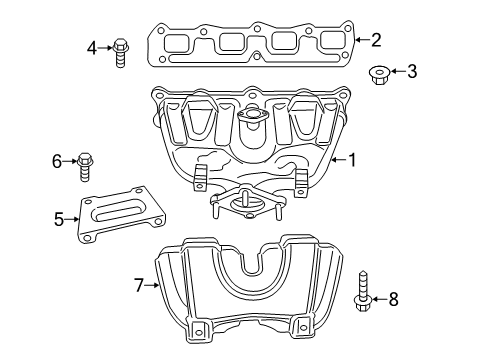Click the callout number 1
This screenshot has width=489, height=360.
[352, 158]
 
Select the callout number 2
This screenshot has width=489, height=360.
[375, 40]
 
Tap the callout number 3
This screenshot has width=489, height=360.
[412, 71]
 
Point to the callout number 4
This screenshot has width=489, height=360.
[92, 46]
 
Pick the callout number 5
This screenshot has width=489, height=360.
[60, 216]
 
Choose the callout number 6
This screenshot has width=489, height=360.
[58, 159]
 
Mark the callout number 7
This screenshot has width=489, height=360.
[139, 285]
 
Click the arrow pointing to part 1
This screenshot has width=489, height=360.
[337, 158]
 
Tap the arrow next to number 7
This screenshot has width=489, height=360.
[153, 285]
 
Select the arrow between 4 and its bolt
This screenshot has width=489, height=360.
[105, 46]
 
